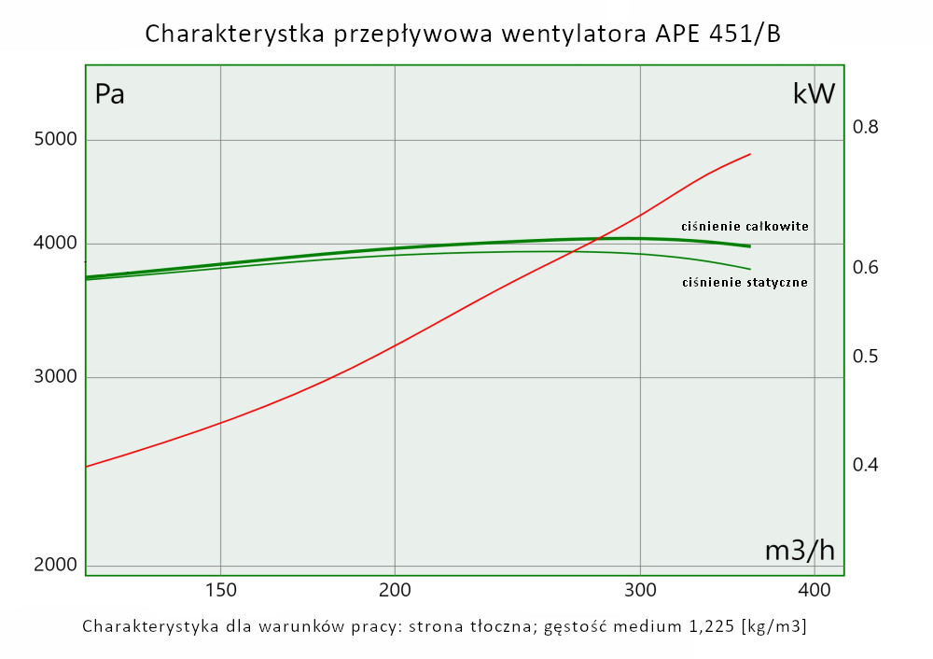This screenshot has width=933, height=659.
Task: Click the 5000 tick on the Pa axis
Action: click(54, 140)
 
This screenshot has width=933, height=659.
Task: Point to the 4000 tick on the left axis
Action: click(54, 244)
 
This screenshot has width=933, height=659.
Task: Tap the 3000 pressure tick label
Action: click(54, 377)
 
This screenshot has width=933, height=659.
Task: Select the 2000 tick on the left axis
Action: click(54, 566)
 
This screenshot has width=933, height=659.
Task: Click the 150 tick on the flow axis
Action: click(220, 590)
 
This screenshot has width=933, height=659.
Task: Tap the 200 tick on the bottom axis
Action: click(395, 590)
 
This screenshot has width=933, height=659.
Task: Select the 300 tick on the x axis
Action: click(640, 590)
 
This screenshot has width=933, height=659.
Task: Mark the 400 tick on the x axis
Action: click(815, 590)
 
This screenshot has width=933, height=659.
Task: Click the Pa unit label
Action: click(110, 94)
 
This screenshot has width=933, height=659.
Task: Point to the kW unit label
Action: click(813, 93)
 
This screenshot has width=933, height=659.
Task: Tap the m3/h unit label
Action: click(800, 551)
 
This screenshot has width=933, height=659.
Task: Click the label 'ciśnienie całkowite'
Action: click(745, 226)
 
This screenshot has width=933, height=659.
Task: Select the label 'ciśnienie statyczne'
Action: click(745, 282)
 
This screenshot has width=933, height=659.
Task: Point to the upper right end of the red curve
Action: click(750, 154)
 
